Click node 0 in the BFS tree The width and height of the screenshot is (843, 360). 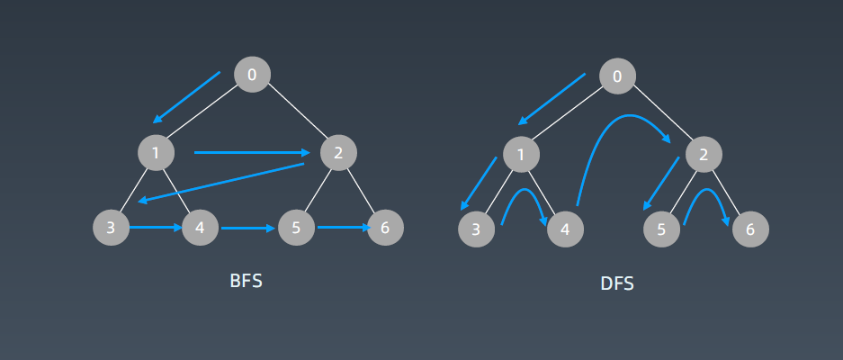[252, 75]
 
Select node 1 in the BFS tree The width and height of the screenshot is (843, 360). [156, 153]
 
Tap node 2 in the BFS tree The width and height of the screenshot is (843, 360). [338, 153]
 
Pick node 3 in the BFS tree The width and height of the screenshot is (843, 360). [111, 228]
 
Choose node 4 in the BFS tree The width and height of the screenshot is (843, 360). [200, 228]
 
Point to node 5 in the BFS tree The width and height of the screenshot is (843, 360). [296, 228]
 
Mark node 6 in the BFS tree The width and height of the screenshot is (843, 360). [385, 228]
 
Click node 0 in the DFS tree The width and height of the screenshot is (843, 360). [617, 76]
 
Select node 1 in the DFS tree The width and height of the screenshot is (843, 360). [521, 155]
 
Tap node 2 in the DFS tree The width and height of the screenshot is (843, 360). [704, 155]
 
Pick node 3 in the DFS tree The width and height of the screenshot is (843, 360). [476, 229]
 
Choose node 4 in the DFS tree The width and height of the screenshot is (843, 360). [565, 229]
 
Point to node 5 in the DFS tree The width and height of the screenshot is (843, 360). [661, 229]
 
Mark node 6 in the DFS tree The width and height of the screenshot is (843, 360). [750, 229]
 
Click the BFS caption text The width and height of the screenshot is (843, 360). [247, 281]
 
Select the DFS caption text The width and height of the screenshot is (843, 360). [617, 283]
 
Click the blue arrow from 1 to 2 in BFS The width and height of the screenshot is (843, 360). [252, 153]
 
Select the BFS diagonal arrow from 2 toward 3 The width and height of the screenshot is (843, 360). [221, 183]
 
